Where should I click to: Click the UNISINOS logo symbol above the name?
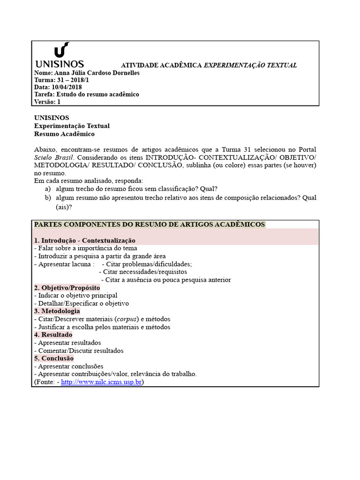pyautogui.click(x=61, y=50)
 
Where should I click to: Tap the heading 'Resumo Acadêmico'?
pyautogui.click(x=64, y=134)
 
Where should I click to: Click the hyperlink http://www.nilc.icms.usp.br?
pyautogui.click(x=101, y=382)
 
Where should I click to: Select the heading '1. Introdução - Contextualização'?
pyautogui.click(x=85, y=240)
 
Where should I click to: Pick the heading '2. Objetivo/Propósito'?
pyautogui.click(x=67, y=287)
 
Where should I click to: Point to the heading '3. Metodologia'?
pyautogui.click(x=57, y=311)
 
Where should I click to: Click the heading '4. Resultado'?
pyautogui.click(x=53, y=335)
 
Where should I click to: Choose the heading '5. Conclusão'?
pyautogui.click(x=54, y=358)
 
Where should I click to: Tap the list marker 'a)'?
pyautogui.click(x=47, y=188)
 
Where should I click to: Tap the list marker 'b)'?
pyautogui.click(x=47, y=198)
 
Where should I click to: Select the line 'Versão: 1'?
pyautogui.click(x=47, y=101)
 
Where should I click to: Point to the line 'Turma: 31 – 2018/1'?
pyautogui.click(x=62, y=80)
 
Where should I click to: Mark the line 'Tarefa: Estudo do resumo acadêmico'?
pyautogui.click(x=87, y=94)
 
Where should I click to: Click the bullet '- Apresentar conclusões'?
pyautogui.click(x=69, y=366)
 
